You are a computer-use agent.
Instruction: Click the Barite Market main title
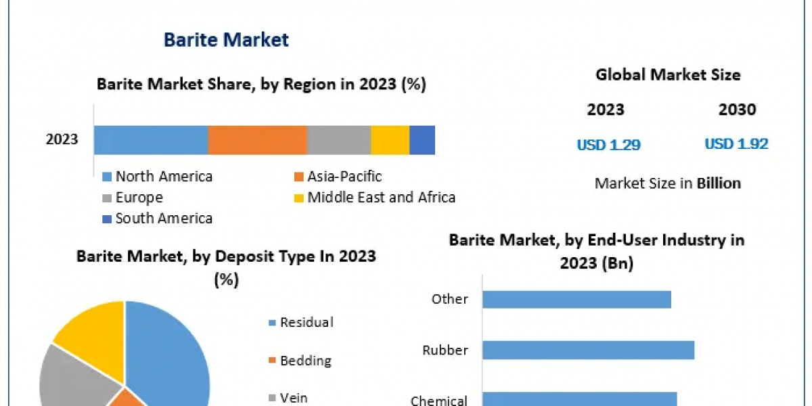226,40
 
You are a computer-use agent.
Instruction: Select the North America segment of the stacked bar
150,140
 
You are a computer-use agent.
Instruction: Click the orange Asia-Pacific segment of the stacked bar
257,140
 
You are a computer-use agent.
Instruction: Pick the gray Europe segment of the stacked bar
338,140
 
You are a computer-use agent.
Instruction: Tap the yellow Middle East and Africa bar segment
390,140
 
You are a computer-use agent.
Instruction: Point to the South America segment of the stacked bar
422,140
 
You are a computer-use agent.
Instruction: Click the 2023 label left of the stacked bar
62,140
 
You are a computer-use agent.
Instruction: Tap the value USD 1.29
608,145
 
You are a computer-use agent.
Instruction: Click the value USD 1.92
736,144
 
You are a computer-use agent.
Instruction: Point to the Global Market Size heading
668,75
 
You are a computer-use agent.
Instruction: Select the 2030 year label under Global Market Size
737,110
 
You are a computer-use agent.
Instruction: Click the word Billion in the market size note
719,183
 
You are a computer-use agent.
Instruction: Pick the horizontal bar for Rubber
588,350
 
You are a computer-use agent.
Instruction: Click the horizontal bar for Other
577,299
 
